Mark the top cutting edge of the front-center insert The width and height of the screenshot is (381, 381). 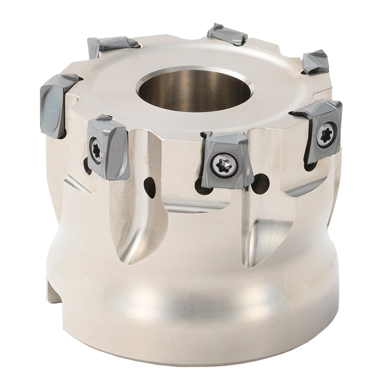click(224, 136)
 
